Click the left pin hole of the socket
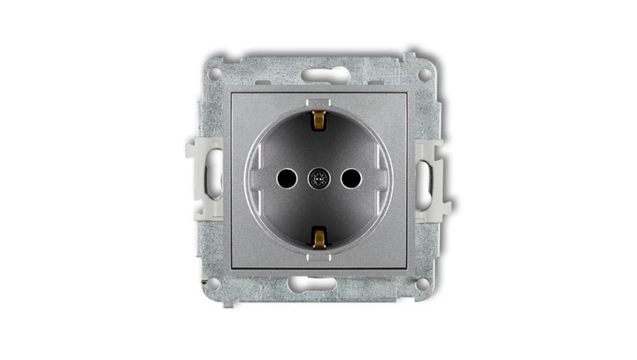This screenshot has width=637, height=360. pyautogui.click(x=285, y=179)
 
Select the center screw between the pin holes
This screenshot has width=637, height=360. pyautogui.click(x=318, y=179)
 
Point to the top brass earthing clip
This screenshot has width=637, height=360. pyautogui.click(x=318, y=119)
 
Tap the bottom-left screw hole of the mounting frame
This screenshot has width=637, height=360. pyautogui.click(x=212, y=283)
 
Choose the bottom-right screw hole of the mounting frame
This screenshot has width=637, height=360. pyautogui.click(x=424, y=283)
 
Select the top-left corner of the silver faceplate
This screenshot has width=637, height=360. pyautogui.click(x=232, y=92)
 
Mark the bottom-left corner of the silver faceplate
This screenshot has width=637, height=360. pyautogui.click(x=232, y=266)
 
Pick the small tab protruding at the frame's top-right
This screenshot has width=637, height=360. pyautogui.click(x=411, y=57)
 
